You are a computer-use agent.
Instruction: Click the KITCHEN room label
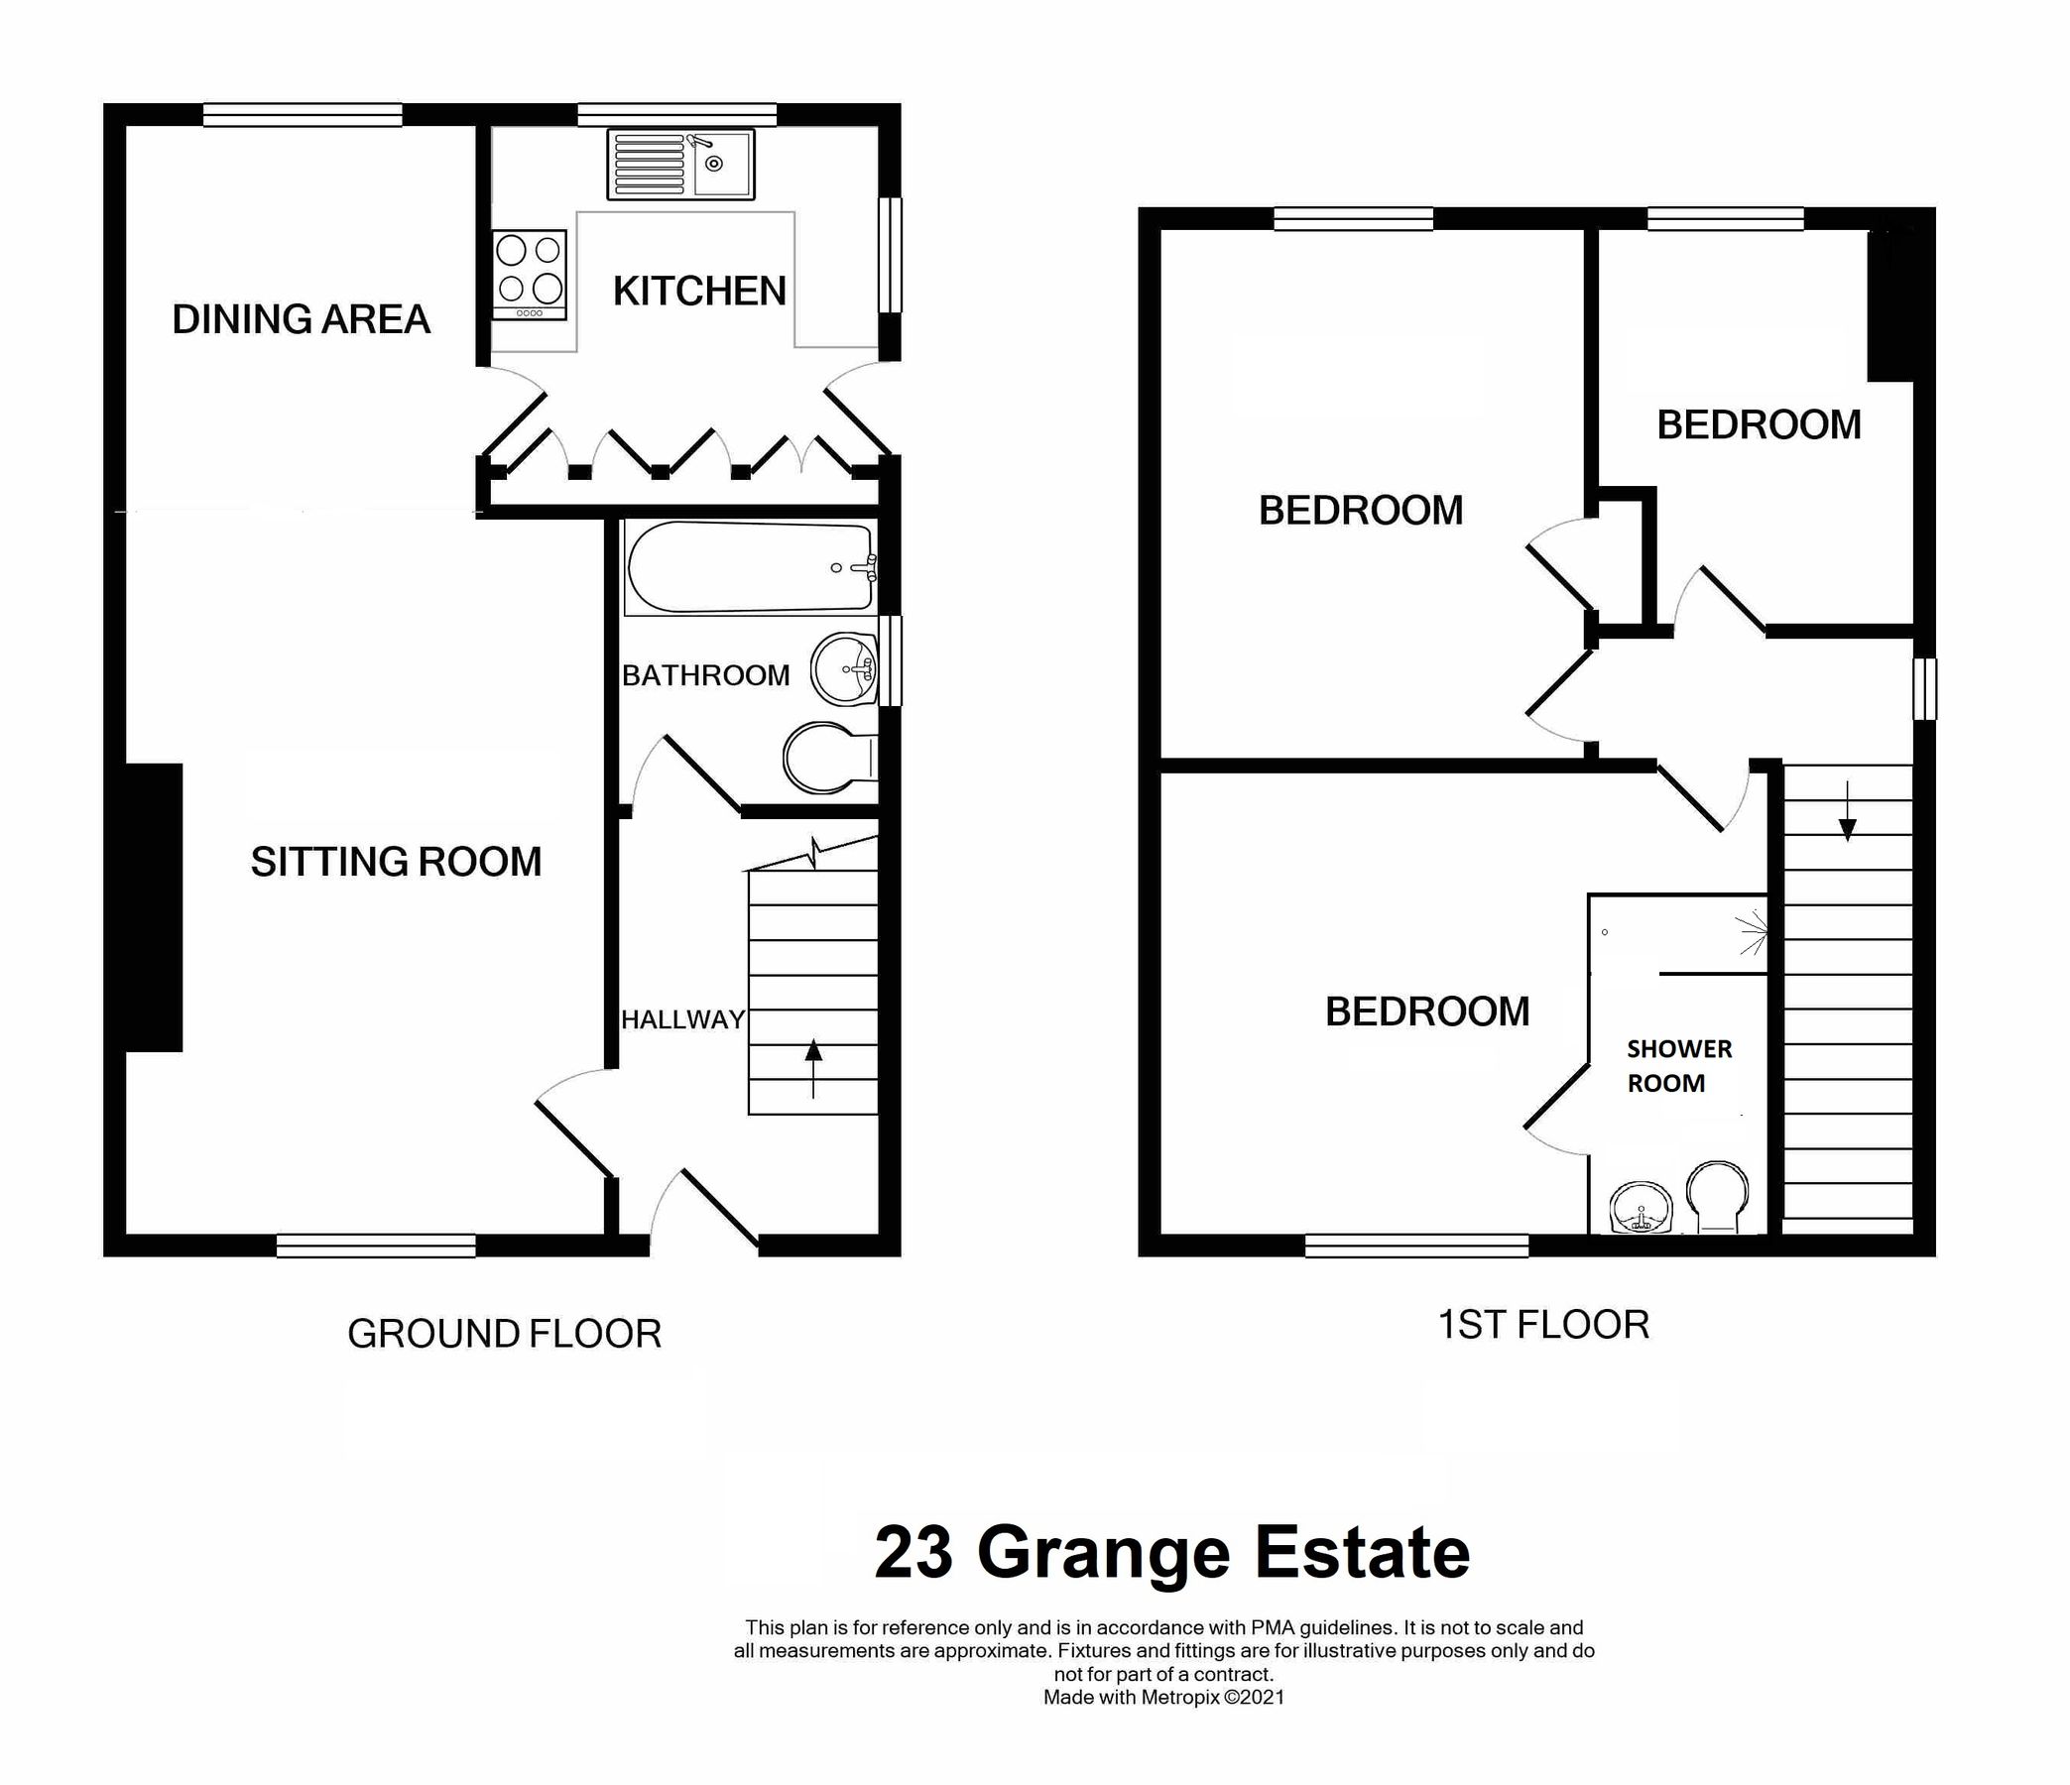point(699,292)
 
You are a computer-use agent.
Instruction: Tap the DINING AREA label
point(301,319)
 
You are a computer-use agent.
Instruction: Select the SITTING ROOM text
point(396,862)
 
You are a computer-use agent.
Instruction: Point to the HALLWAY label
point(683,1019)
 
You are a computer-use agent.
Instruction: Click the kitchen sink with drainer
point(680,165)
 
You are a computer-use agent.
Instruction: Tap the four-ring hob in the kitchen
point(530,275)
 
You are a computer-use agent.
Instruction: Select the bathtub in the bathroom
point(749,568)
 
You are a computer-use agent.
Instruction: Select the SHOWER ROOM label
point(1679,1066)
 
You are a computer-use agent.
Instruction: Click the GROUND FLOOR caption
point(505,1335)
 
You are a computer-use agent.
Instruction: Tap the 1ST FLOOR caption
point(1543,1326)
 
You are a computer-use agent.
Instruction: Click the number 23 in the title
point(913,1553)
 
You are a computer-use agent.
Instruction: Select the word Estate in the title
point(1362,1553)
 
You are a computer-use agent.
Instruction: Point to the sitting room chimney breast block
point(154,907)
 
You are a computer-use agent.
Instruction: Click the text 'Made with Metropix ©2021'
point(1163,1697)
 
